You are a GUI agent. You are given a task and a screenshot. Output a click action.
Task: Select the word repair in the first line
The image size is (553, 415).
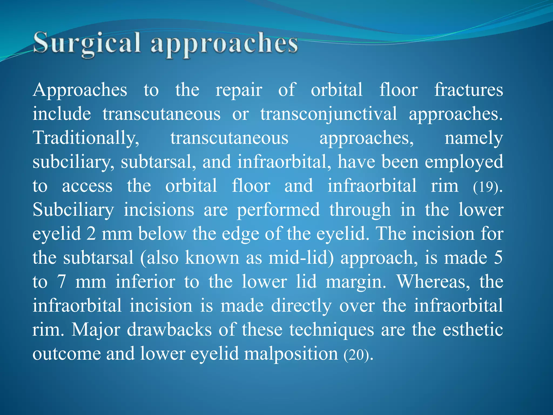tap(239, 90)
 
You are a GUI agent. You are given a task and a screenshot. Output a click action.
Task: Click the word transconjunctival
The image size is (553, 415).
tap(329, 114)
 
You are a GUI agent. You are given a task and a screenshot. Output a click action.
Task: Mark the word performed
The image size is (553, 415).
tap(278, 210)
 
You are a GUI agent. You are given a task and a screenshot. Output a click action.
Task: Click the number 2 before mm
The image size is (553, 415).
tap(91, 234)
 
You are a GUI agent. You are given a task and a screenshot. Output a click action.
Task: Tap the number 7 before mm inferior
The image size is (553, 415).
tap(62, 282)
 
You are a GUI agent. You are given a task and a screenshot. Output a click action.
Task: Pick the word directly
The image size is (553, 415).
tap(301, 306)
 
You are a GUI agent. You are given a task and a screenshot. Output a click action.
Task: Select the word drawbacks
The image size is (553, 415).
tap(169, 330)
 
